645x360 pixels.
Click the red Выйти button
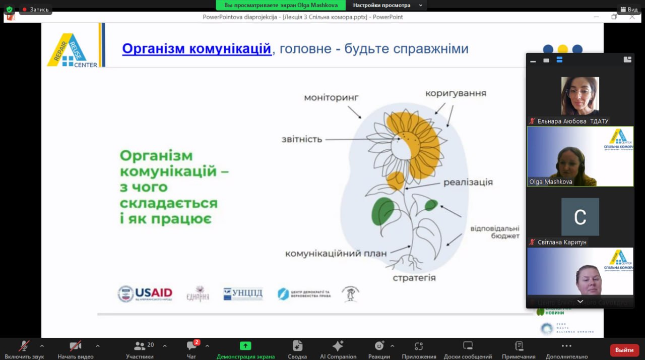pyautogui.click(x=624, y=350)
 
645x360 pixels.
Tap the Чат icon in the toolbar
pyautogui.click(x=191, y=346)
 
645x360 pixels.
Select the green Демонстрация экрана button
pyautogui.click(x=245, y=346)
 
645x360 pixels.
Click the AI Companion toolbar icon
pyautogui.click(x=338, y=346)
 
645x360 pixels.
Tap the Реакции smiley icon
pyautogui.click(x=379, y=346)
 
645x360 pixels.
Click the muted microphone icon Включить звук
pyautogui.click(x=24, y=346)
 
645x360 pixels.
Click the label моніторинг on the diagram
pyautogui.click(x=331, y=97)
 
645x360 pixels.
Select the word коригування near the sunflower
pyautogui.click(x=456, y=93)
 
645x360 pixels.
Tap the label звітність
pyautogui.click(x=301, y=139)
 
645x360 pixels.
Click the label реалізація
pyautogui.click(x=468, y=183)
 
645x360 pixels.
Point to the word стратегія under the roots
pyautogui.click(x=414, y=278)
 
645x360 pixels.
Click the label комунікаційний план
pyautogui.click(x=336, y=254)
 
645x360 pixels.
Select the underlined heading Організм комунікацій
pyautogui.click(x=197, y=49)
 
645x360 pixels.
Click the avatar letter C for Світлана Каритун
pyautogui.click(x=580, y=217)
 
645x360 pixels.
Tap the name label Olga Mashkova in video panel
pyautogui.click(x=551, y=182)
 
